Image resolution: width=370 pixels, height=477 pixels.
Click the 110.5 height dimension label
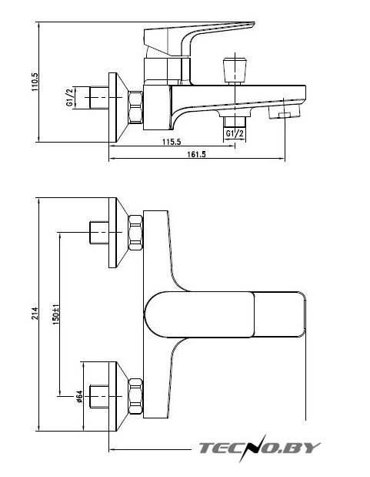coord(35,82)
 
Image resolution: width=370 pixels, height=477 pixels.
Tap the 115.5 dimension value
coord(172,142)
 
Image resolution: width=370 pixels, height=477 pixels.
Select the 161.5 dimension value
coord(196,154)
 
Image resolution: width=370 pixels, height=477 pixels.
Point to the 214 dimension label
coord(35,314)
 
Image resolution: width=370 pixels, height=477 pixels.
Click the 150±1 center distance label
coord(56,314)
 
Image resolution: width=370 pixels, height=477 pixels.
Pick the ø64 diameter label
coord(79,396)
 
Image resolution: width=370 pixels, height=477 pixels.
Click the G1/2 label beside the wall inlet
coord(69,97)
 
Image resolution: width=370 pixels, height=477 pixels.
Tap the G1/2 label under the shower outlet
coord(235,133)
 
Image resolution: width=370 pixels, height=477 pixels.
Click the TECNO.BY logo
coord(260,448)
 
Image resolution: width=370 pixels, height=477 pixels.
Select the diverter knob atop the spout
coord(235,69)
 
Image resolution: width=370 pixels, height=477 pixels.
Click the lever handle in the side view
coord(198,38)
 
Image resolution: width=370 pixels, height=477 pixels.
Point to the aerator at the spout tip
coord(285,111)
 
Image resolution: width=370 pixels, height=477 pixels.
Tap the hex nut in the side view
coord(135,107)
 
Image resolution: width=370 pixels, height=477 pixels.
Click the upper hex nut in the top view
coord(135,233)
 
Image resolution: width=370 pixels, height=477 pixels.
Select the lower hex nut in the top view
coord(135,396)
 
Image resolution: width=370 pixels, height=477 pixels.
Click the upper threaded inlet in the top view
coord(99,233)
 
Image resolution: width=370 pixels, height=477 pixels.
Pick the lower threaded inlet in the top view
coord(99,396)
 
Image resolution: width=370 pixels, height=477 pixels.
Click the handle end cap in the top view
coord(279,314)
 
